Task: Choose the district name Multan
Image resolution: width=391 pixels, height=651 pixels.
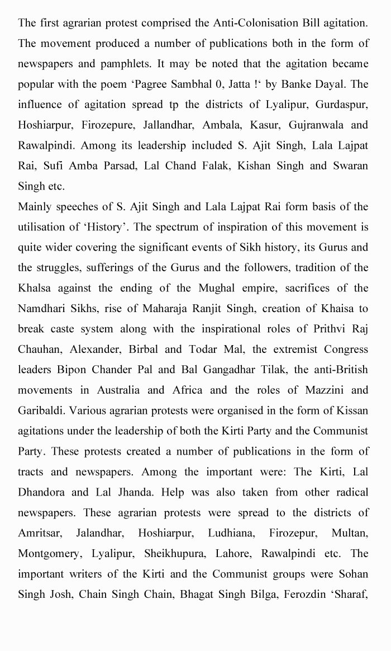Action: click(x=350, y=532)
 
